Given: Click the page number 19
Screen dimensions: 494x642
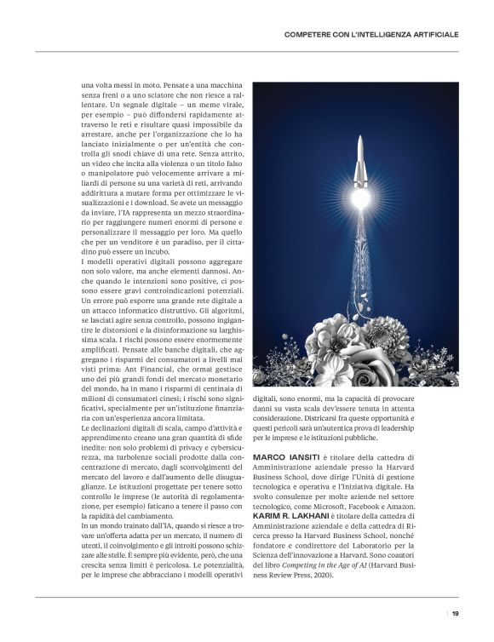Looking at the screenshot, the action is point(456,613).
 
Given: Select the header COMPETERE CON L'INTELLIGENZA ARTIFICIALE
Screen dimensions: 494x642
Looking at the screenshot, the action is point(370,34).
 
